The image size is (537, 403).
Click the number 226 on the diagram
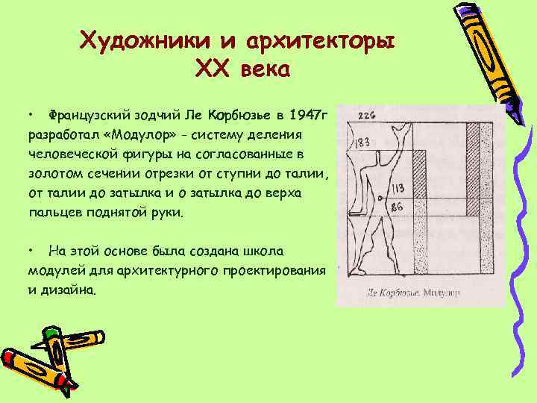tap(366, 115)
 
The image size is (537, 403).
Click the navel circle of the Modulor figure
tap(382, 198)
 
